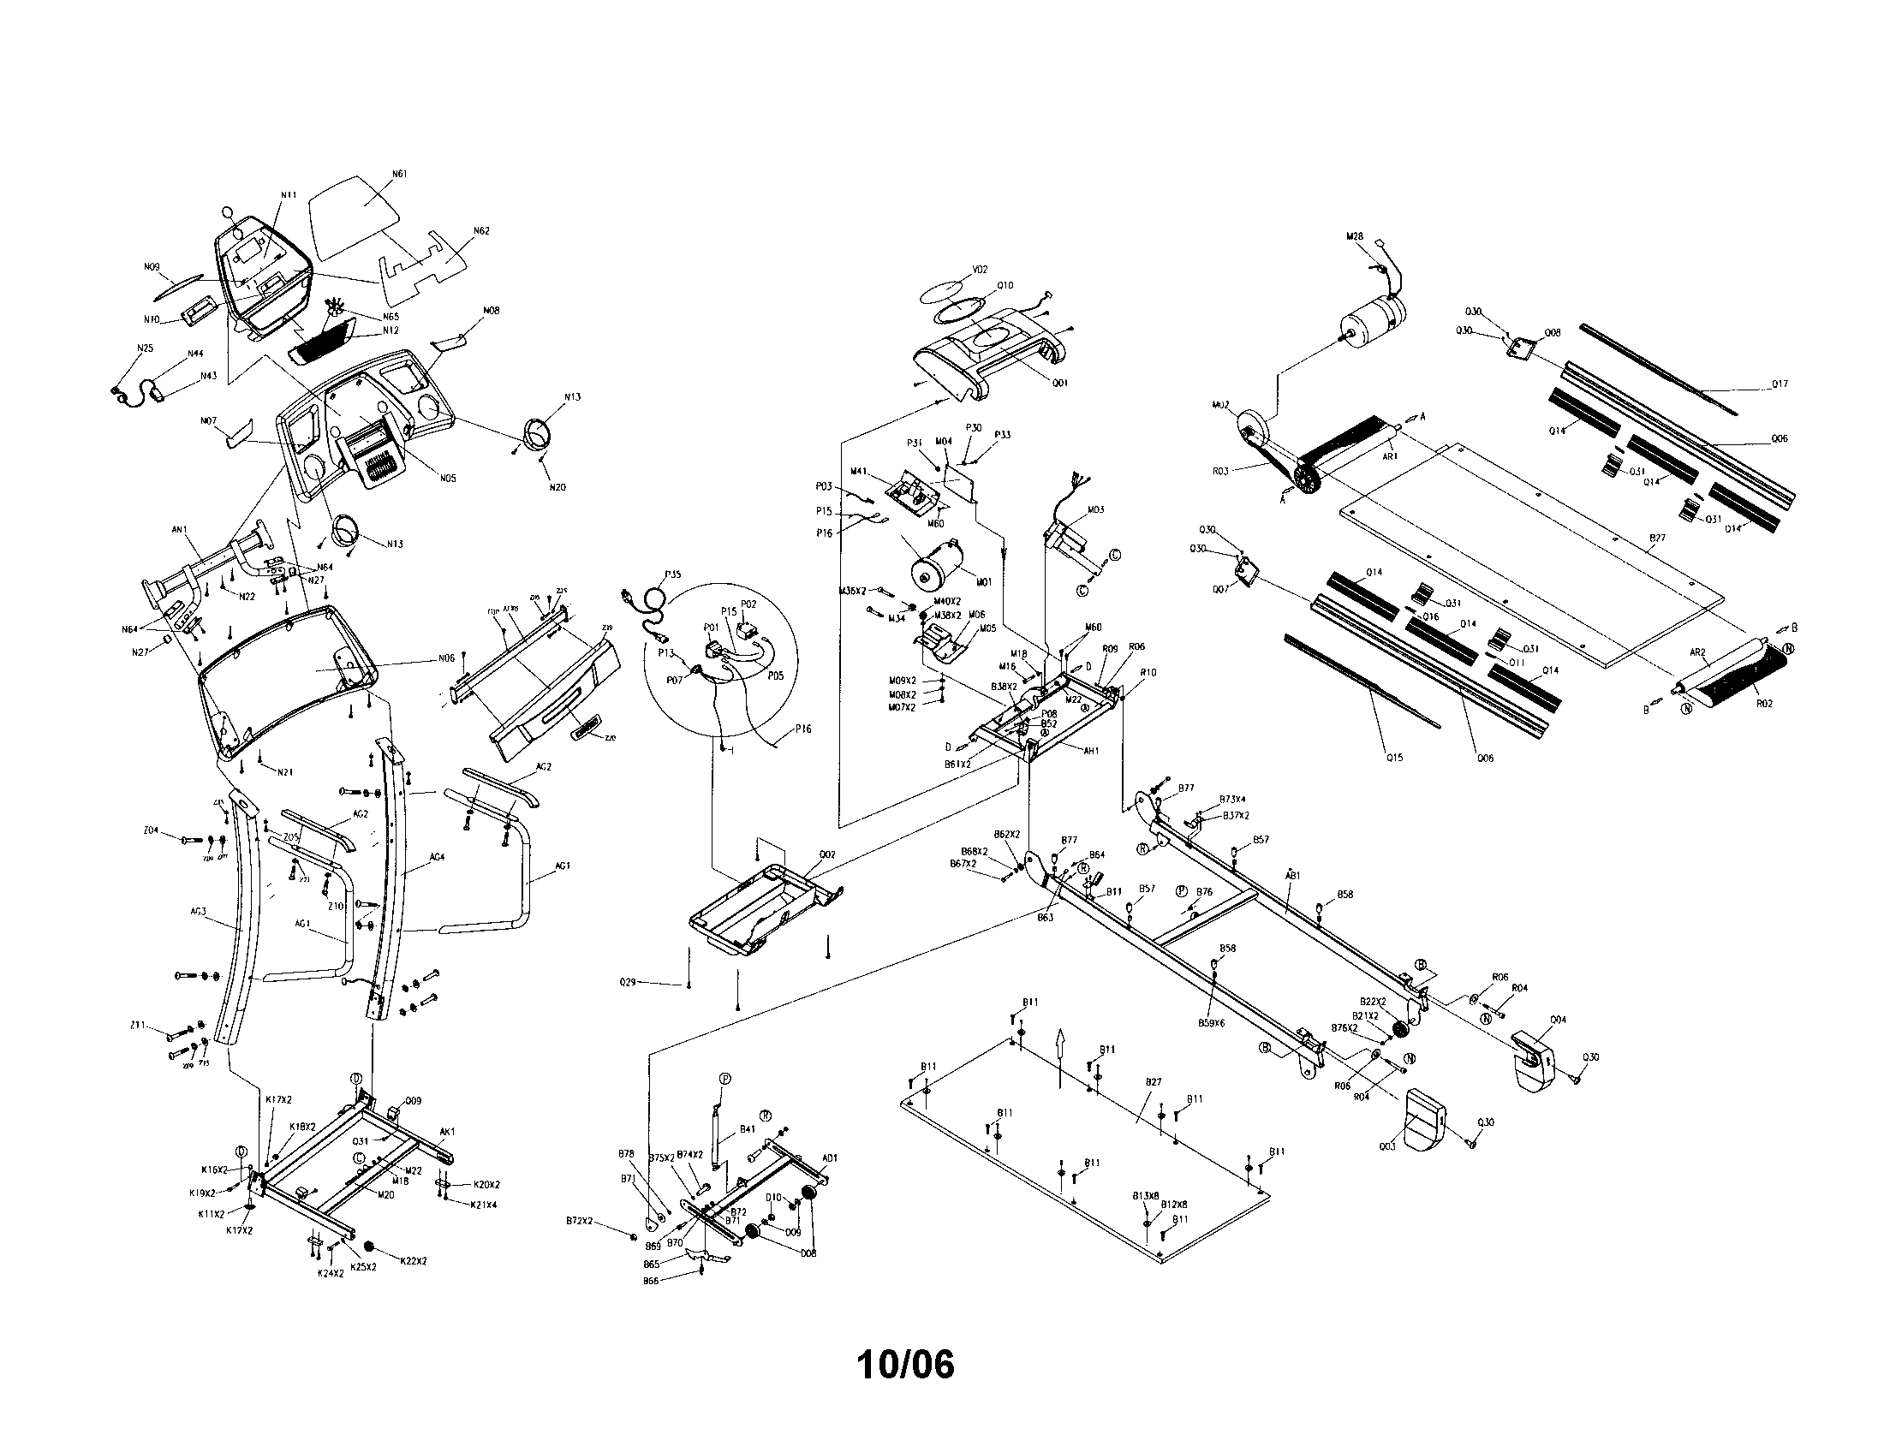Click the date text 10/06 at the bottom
click(x=906, y=1365)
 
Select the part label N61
click(x=399, y=174)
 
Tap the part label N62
click(x=481, y=231)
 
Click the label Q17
click(x=1779, y=384)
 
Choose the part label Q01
click(x=1060, y=383)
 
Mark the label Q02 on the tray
click(x=827, y=854)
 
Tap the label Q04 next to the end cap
click(x=1557, y=1019)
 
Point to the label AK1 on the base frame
click(x=447, y=1132)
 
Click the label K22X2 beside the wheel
click(x=414, y=1260)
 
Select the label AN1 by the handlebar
click(x=180, y=530)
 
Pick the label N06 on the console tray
click(x=445, y=659)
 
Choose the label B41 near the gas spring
click(x=748, y=1129)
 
